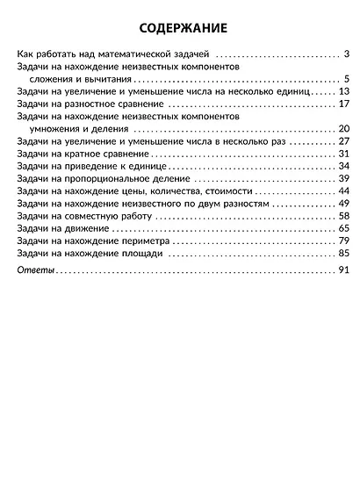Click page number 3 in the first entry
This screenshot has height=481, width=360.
(x=348, y=54)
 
